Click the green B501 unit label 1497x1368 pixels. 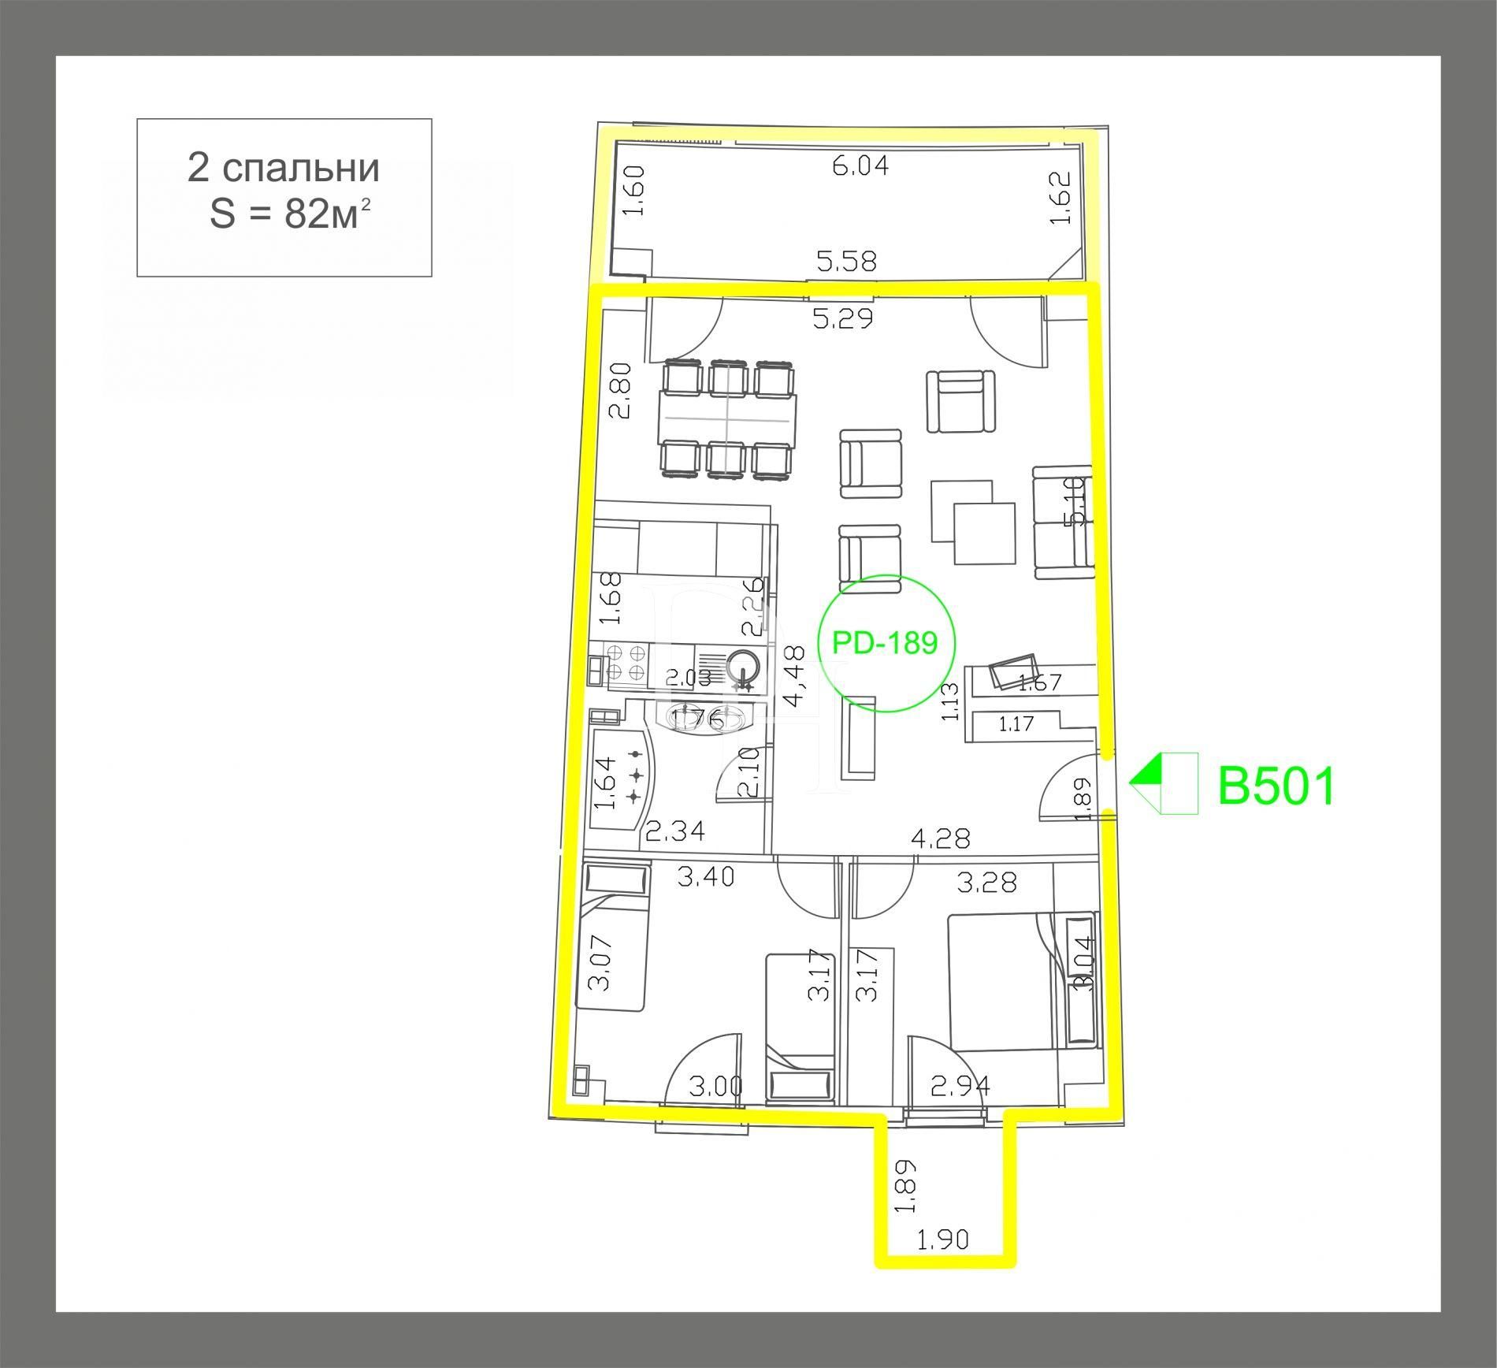tap(1276, 786)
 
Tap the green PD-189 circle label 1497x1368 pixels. tap(885, 643)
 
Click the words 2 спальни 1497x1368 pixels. tap(284, 167)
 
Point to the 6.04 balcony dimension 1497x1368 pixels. tap(860, 166)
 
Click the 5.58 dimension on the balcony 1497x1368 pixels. tap(847, 261)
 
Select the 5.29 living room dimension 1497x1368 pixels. tap(843, 319)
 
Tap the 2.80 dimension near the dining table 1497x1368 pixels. tap(620, 390)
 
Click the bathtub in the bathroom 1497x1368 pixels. tap(622, 779)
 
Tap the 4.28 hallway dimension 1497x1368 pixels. tap(940, 838)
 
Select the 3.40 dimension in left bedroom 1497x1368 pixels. tap(706, 876)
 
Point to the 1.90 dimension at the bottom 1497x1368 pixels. tap(943, 1262)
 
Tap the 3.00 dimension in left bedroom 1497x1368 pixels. tap(715, 1087)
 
